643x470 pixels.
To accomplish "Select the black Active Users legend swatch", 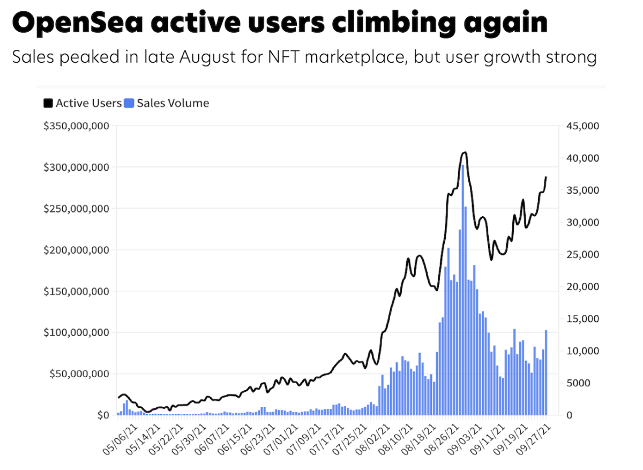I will click(x=48, y=103).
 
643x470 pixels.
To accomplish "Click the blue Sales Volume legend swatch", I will click(x=129, y=103).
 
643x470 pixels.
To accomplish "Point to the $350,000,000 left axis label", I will click(x=77, y=126).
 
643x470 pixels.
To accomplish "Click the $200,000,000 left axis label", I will click(x=77, y=250).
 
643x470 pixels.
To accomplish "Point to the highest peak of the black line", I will click(x=464, y=153).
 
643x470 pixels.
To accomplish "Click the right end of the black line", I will click(x=546, y=177).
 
